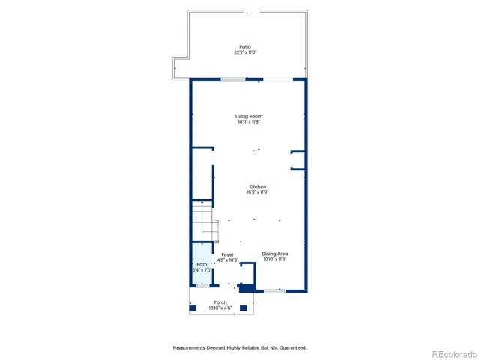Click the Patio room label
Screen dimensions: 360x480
point(244,46)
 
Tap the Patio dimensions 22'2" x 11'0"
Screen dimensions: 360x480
point(244,52)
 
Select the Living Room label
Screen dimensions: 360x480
point(249,116)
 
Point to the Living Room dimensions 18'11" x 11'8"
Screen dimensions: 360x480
point(249,122)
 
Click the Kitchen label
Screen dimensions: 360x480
point(257,187)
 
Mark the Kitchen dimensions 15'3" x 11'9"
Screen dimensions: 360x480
point(257,193)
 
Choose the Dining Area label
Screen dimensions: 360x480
point(275,253)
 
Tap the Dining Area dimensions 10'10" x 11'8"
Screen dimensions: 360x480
point(275,259)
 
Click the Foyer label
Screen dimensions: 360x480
point(226,254)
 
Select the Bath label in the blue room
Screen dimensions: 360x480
point(202,264)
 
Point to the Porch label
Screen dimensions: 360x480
point(220,302)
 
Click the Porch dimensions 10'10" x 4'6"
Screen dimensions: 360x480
point(220,307)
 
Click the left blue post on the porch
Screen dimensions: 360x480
point(193,307)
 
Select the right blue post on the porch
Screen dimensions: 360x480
point(248,307)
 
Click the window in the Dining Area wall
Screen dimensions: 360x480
point(274,290)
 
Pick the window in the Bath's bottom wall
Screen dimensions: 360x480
point(202,286)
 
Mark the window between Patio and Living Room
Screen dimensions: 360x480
point(232,79)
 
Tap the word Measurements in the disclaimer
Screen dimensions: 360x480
point(192,348)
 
